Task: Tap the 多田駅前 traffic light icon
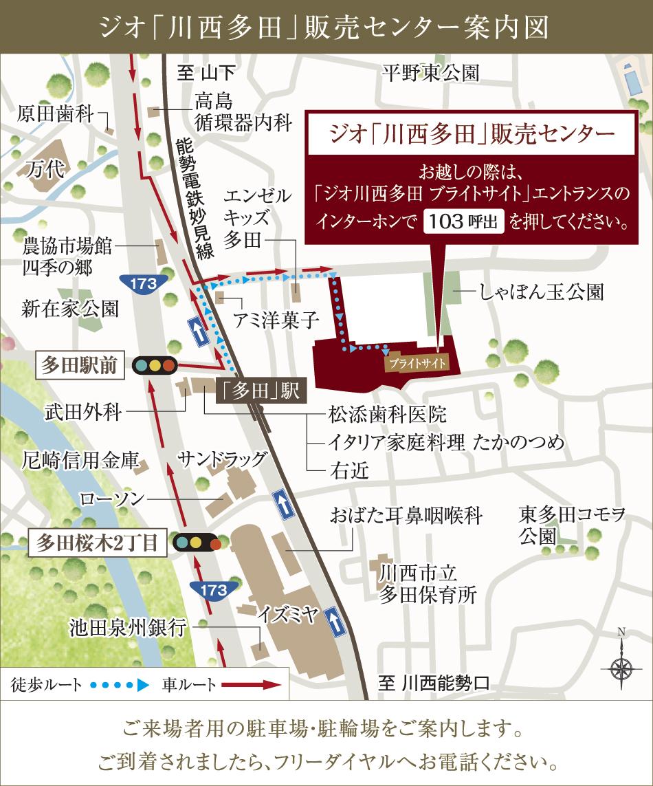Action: (155, 365)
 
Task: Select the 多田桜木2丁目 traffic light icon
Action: (197, 543)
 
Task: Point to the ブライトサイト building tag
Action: (417, 362)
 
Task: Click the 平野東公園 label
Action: (431, 73)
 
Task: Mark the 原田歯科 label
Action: (55, 113)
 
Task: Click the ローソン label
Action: (111, 499)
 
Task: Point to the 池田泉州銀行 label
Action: (129, 626)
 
